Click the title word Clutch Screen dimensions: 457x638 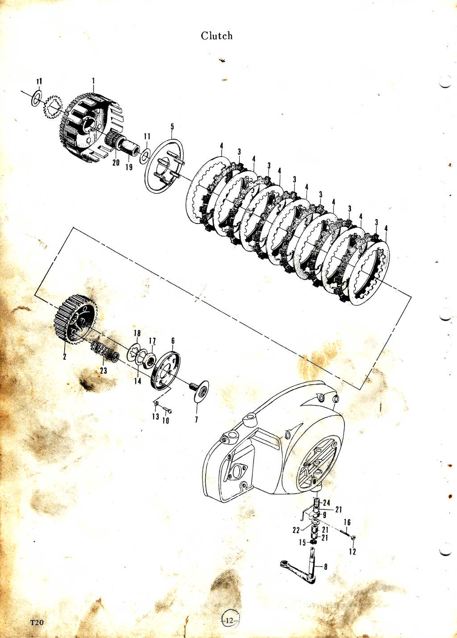coord(216,36)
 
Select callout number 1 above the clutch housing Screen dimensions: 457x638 coord(93,81)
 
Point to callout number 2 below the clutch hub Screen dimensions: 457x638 coord(65,356)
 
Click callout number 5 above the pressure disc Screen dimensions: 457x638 coord(172,126)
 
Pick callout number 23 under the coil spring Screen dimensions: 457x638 coord(104,370)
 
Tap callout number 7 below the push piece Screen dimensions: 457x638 coord(196,419)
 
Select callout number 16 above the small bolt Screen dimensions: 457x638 coord(347,522)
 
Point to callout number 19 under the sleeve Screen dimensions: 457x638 coord(129,166)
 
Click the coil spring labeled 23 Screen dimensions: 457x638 coord(105,352)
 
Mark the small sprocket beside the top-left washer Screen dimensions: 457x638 coord(54,108)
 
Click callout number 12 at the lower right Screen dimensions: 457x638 coord(353,552)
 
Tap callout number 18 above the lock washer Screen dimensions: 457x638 coord(137,333)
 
